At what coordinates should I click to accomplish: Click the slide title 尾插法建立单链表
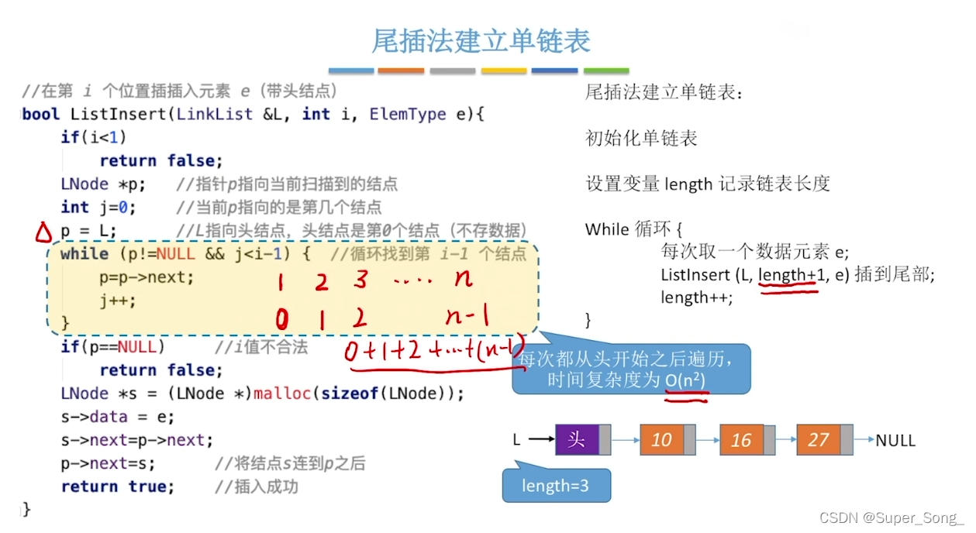tap(481, 40)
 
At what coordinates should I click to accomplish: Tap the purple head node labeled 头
tap(577, 440)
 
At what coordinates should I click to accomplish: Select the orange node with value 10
tap(661, 440)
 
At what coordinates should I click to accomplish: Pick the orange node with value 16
tap(741, 440)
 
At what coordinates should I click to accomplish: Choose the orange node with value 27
tap(819, 440)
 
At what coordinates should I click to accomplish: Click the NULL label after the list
tap(895, 440)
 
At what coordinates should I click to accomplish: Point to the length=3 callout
tap(555, 486)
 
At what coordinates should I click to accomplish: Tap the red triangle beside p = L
tap(44, 232)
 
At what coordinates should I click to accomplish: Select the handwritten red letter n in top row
tap(463, 279)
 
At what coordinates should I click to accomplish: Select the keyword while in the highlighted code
tap(84, 254)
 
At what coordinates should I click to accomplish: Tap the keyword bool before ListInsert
tap(41, 115)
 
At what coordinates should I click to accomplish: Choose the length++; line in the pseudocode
tap(696, 297)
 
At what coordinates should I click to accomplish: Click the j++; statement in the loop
tap(117, 301)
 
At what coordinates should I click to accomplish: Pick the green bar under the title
tap(606, 70)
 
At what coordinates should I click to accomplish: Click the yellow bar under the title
tap(504, 70)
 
